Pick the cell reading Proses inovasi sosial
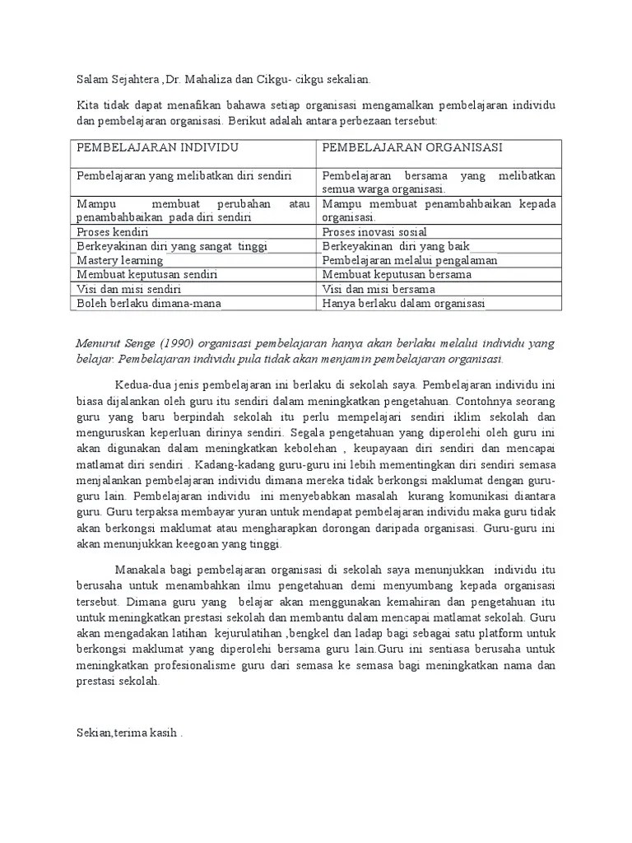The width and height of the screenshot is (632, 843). [374, 232]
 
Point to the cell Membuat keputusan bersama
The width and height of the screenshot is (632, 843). [397, 274]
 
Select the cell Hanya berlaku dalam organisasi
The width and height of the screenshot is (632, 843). [403, 303]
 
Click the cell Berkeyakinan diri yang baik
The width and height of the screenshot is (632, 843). [384, 246]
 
